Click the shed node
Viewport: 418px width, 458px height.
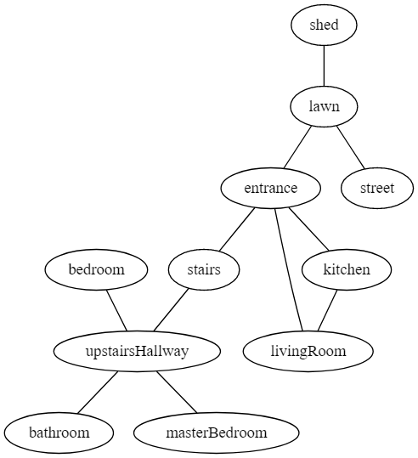[x=324, y=25]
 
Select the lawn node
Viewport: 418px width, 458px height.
[x=324, y=106]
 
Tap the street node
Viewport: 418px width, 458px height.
[x=377, y=188]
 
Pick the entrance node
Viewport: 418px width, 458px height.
[x=271, y=188]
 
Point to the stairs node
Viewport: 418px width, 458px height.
[x=204, y=269]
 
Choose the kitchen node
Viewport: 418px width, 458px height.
[x=347, y=269]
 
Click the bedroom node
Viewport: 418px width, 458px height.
[x=96, y=269]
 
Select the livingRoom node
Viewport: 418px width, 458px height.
[x=308, y=351]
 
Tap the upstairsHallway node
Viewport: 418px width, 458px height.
[x=137, y=351]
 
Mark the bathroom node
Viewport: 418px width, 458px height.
[x=59, y=433]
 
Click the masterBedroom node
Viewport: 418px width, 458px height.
[x=217, y=433]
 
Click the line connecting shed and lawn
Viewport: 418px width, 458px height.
[x=324, y=66]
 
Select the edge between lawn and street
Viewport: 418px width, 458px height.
[x=351, y=147]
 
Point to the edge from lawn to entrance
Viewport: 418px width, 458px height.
[x=297, y=147]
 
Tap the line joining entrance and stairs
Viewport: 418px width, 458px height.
[x=237, y=229]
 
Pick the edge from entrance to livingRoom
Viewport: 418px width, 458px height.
[x=289, y=269]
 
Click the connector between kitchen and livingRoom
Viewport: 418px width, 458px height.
[x=327, y=310]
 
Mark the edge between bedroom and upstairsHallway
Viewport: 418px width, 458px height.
[x=116, y=310]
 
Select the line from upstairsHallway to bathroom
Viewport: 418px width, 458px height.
[x=98, y=393]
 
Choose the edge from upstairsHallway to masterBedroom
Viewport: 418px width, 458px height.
[x=177, y=392]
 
